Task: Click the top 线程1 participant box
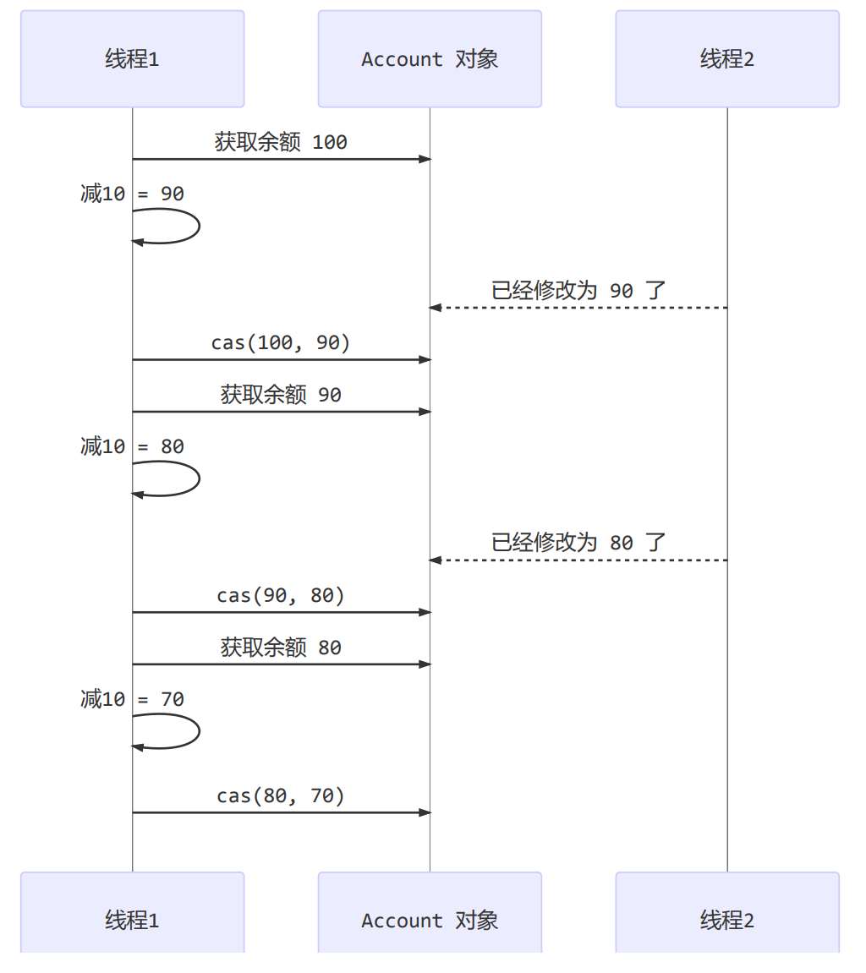tap(132, 59)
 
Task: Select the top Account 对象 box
tap(430, 59)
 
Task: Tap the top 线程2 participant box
tap(727, 59)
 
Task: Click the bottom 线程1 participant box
tap(132, 919)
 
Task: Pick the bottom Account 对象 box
tap(430, 919)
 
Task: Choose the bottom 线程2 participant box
tap(727, 919)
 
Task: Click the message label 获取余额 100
tap(281, 142)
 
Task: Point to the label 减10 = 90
tap(132, 194)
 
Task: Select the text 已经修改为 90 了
tap(578, 290)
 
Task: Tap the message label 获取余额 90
tap(281, 395)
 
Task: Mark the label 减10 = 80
tap(132, 446)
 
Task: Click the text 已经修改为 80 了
tap(578, 543)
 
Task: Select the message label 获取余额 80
tap(281, 648)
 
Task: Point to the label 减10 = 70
tap(132, 699)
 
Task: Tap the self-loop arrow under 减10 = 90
tap(198, 227)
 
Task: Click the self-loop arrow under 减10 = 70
tap(198, 731)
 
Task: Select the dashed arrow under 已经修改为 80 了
tap(578, 560)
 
